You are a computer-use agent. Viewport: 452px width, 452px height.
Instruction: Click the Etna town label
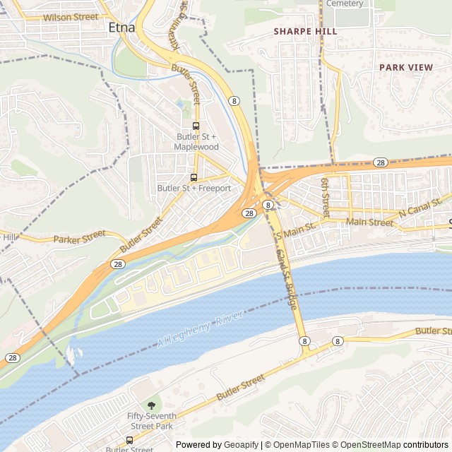123,28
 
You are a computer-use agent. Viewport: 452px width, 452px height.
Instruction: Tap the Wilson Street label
71,16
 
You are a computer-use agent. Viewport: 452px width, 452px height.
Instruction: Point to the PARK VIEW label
405,67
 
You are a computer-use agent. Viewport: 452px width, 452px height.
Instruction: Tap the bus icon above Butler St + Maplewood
196,126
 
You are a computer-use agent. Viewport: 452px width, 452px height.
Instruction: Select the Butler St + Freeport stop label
194,189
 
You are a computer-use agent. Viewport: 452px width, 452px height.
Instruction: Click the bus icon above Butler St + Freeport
194,177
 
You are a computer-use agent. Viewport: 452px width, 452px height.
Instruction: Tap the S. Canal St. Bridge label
285,279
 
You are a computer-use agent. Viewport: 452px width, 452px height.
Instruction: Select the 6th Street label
325,197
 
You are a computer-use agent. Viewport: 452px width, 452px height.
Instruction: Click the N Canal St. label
423,208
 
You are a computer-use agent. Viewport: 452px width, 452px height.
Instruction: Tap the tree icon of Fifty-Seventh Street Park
150,405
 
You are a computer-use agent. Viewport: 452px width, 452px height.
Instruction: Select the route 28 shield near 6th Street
380,162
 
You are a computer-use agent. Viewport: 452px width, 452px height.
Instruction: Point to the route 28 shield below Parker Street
118,263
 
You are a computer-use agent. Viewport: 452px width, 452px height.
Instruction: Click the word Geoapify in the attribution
242,445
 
